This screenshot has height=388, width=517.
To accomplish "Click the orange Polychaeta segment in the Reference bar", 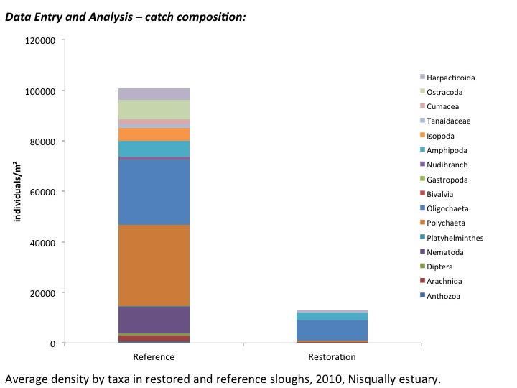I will click(154, 265).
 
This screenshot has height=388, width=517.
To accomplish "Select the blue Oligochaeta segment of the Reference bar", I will click(154, 191).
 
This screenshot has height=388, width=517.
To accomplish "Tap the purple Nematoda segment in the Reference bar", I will click(154, 320).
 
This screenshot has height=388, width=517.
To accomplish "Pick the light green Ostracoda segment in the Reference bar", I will click(154, 109).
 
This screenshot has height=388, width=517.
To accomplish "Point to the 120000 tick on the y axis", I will click(39, 41).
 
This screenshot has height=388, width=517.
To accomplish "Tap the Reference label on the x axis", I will click(154, 357).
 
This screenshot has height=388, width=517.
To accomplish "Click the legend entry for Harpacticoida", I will click(450, 78).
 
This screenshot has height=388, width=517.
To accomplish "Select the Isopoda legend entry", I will click(441, 136).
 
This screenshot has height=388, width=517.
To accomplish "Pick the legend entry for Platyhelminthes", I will click(455, 238).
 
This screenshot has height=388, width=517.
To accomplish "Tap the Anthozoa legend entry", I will click(443, 296).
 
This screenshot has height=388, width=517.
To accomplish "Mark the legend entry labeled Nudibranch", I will click(447, 165).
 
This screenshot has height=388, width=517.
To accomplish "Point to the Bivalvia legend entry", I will click(440, 194).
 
